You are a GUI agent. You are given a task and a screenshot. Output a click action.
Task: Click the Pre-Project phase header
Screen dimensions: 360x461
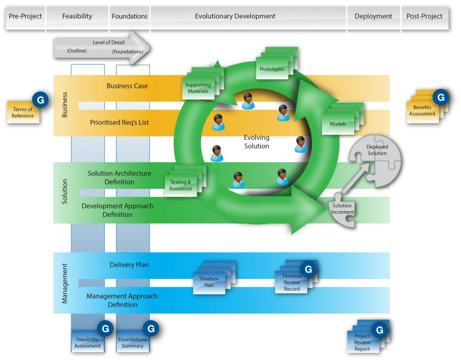pyautogui.click(x=25, y=16)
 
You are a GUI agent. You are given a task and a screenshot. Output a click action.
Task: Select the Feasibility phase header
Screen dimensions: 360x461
pyautogui.click(x=77, y=16)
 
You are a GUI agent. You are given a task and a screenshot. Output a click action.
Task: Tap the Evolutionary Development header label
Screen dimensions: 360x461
pyautogui.click(x=235, y=16)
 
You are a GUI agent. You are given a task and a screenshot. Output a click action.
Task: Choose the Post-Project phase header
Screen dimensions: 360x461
pyautogui.click(x=424, y=16)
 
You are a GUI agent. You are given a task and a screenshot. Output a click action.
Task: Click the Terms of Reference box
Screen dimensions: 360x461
pyautogui.click(x=23, y=113)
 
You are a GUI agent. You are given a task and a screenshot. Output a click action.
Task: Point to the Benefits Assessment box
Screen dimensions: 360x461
pyautogui.click(x=422, y=111)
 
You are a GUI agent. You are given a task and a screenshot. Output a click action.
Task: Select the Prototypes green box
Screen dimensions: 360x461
pyautogui.click(x=272, y=69)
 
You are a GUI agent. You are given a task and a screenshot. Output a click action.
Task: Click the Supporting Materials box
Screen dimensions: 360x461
pyautogui.click(x=198, y=88)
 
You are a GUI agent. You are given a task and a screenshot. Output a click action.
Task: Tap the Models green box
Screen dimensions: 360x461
pyautogui.click(x=338, y=124)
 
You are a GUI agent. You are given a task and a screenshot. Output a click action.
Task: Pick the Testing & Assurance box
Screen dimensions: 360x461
pyautogui.click(x=181, y=185)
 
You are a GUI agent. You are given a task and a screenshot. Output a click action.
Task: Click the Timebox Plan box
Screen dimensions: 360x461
pyautogui.click(x=209, y=282)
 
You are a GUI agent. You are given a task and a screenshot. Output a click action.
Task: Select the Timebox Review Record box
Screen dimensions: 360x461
pyautogui.click(x=291, y=283)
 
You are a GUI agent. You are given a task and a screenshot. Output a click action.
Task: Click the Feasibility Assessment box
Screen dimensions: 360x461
pyautogui.click(x=87, y=342)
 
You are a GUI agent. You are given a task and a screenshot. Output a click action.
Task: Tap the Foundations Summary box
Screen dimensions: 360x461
pyautogui.click(x=132, y=342)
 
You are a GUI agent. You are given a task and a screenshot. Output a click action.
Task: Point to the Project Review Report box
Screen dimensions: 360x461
pyautogui.click(x=362, y=342)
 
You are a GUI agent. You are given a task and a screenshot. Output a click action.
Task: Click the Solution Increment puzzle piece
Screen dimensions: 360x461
pyautogui.click(x=343, y=209)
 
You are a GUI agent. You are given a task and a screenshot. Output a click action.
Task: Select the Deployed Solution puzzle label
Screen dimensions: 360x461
pyautogui.click(x=377, y=150)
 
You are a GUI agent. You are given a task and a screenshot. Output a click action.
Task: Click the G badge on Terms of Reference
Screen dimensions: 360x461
pyautogui.click(x=41, y=100)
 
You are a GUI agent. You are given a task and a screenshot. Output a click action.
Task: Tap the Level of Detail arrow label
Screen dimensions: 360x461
pyautogui.click(x=108, y=42)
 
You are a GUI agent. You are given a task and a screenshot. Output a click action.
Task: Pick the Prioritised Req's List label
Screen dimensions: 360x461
pyautogui.click(x=119, y=123)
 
